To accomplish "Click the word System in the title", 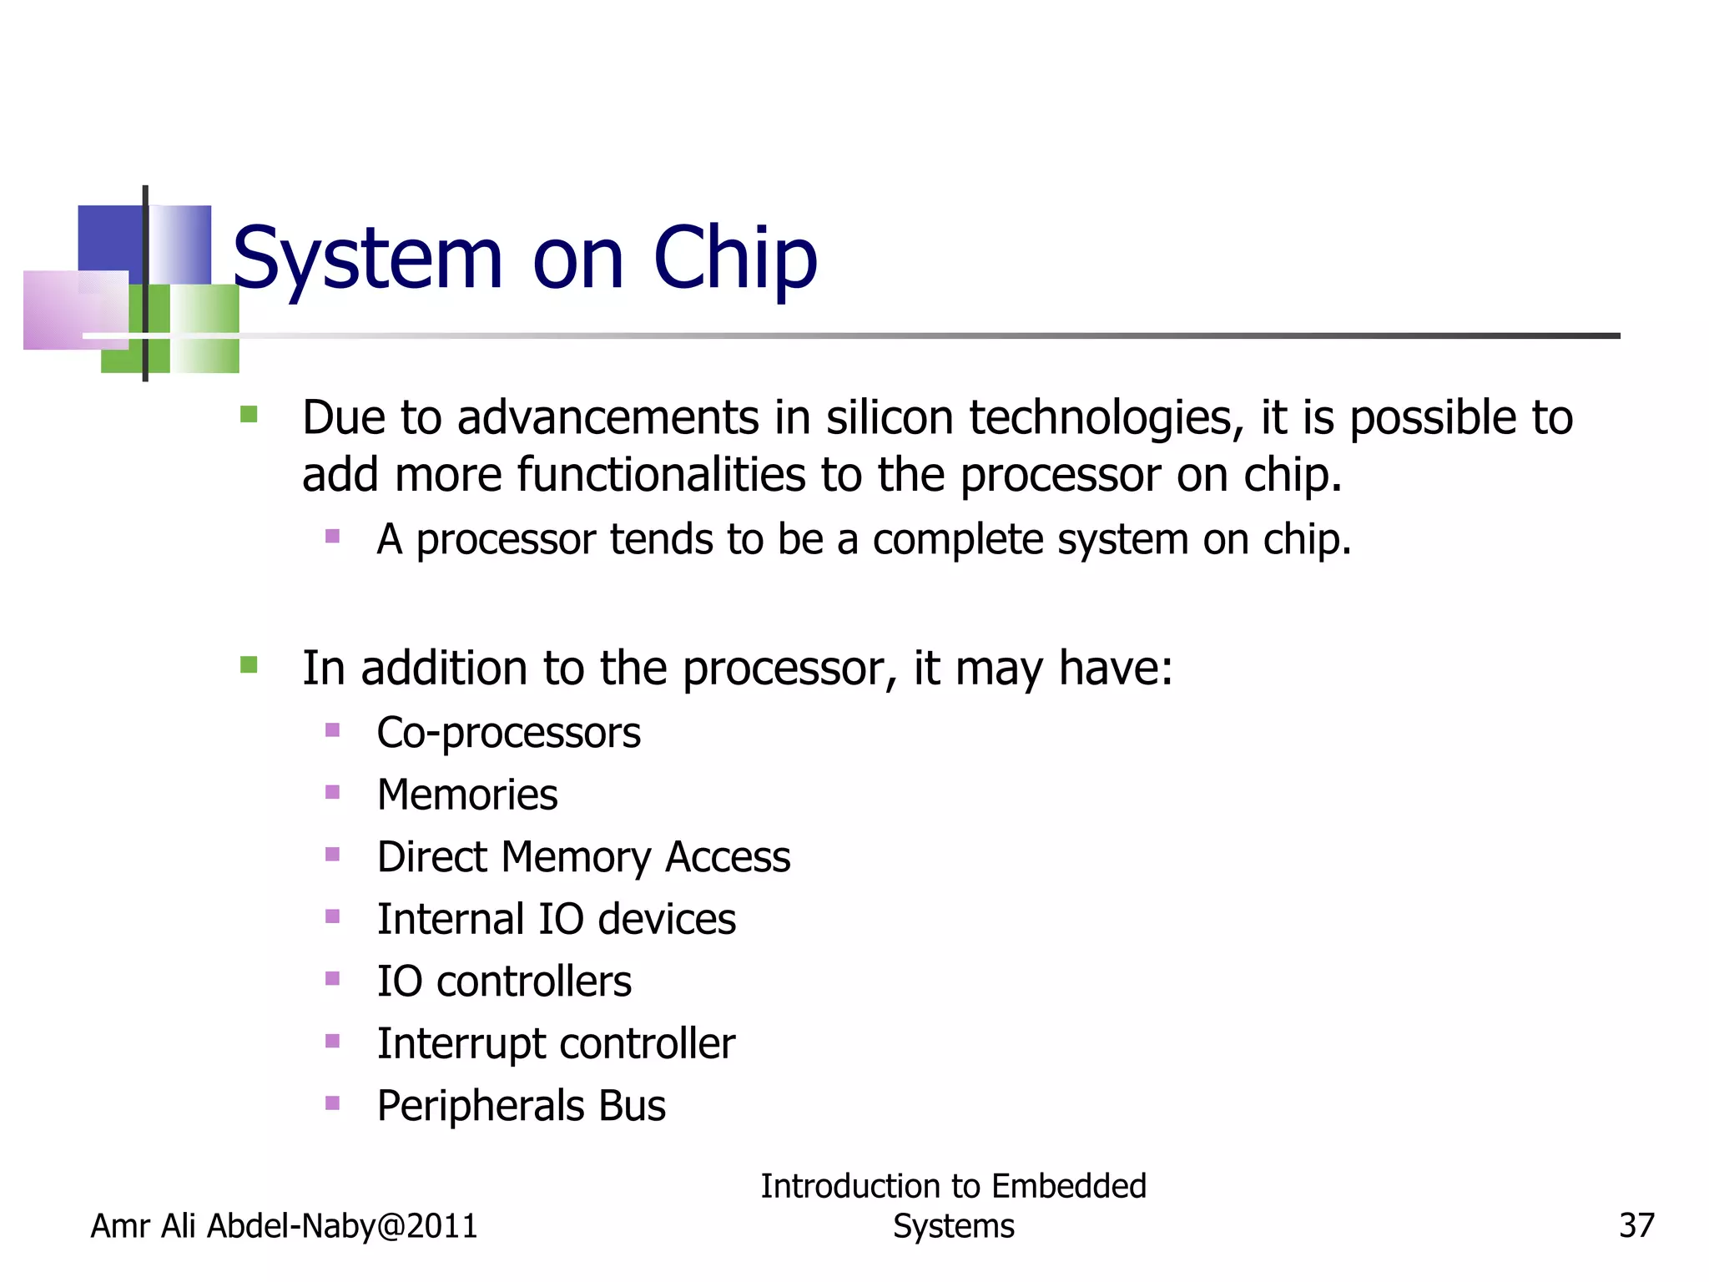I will (367, 259).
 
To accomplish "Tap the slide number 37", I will (1636, 1226).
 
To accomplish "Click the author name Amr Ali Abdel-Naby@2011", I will (284, 1226).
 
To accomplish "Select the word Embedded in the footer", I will (1069, 1186).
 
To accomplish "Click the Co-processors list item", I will (508, 733).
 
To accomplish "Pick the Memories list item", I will (467, 795).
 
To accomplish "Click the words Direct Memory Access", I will (583, 857).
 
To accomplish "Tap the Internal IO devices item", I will (556, 919).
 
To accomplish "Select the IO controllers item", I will (504, 982).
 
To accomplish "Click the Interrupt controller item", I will (556, 1043).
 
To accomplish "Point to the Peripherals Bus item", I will (521, 1106).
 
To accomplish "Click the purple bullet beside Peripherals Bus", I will (332, 1103).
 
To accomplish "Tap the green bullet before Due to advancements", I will (249, 414).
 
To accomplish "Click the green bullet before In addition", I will (249, 664).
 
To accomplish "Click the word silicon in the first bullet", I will (890, 417).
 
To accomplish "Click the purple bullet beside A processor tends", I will (332, 536).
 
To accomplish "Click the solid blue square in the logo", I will (109, 238).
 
